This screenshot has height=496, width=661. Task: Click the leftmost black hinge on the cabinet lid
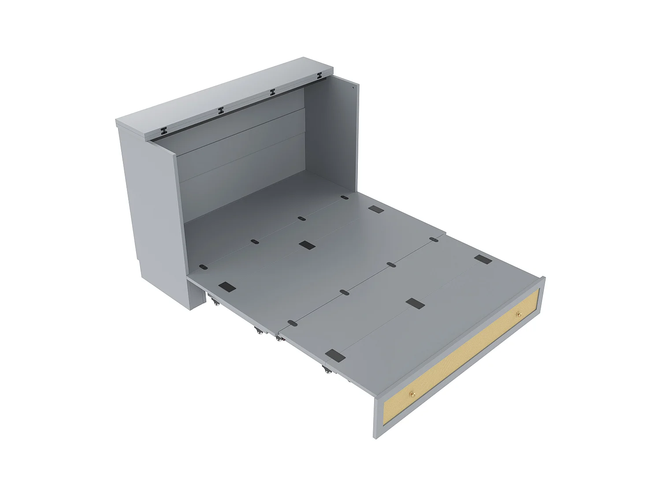pos(164,131)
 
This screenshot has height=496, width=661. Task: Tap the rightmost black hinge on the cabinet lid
pos(319,78)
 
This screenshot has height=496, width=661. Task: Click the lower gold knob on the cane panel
pos(412,394)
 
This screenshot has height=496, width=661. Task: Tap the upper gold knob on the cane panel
pos(518,314)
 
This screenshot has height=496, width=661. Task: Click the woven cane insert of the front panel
pos(463,357)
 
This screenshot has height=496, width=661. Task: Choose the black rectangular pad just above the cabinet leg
pos(227,287)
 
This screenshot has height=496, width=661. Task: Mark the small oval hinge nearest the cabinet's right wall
pos(344,198)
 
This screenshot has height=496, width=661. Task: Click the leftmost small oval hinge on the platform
pos(203,267)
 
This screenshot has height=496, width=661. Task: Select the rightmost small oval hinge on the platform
pos(434,240)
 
